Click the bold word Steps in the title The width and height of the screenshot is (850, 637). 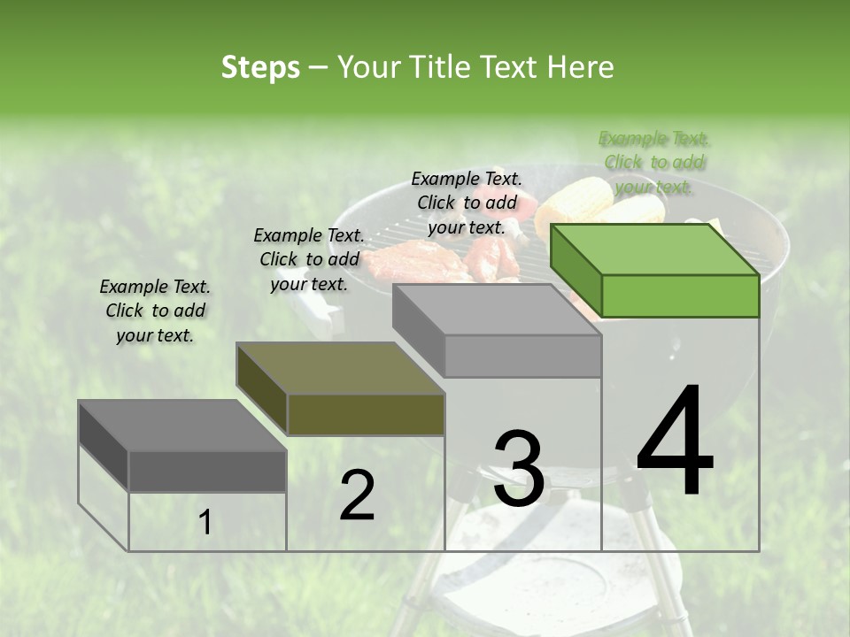click(x=260, y=68)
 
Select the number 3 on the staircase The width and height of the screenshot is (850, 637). click(x=518, y=469)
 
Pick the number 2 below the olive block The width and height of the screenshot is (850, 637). click(x=357, y=495)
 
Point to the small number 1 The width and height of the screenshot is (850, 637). click(x=205, y=523)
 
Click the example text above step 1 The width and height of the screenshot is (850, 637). click(x=155, y=311)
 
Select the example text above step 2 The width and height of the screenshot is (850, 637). click(x=309, y=259)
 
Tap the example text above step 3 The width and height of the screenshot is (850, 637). click(x=467, y=203)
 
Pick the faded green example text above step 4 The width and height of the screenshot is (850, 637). click(x=654, y=163)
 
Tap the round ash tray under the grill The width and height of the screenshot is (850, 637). click(x=611, y=566)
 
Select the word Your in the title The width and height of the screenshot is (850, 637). click(x=365, y=67)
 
